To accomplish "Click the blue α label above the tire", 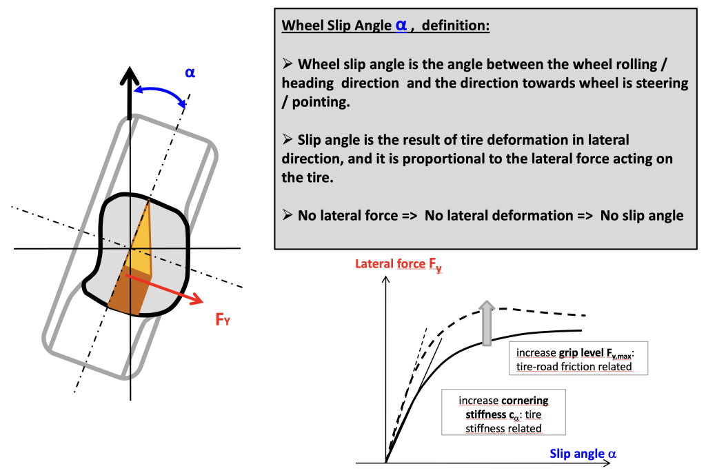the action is pos(190,72).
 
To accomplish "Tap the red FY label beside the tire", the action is pos(223,319).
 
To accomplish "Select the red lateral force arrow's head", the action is pos(196,299).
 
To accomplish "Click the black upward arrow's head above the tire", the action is pos(130,75).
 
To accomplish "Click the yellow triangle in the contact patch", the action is pos(140,238).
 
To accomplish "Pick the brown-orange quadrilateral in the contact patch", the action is pos(129,290).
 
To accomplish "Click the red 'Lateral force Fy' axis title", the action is pos(399,265).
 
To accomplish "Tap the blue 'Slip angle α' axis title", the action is pos(583,453).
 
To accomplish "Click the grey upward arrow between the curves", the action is pos(486,323).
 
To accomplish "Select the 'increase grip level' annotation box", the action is pos(578,359).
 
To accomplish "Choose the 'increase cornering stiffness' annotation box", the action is pos(503,412).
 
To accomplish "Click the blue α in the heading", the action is pos(401,25).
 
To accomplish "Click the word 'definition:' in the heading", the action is pos(455,26).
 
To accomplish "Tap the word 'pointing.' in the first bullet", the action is pos(321,102).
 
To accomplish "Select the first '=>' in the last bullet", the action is pos(410,216).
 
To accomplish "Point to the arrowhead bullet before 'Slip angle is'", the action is pos(288,139).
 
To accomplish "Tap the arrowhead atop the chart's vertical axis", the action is pos(385,280).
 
